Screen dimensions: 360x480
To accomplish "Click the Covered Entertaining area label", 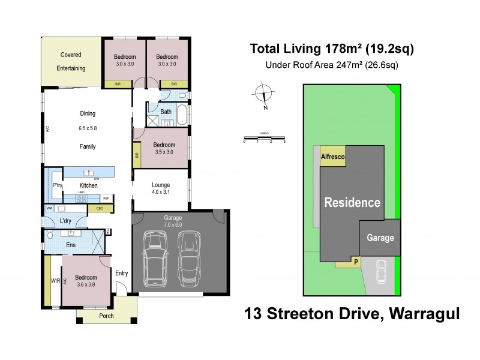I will point(71,61).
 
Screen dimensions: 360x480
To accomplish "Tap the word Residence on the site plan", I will point(352,202).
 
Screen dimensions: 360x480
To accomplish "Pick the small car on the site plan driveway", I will point(380,273).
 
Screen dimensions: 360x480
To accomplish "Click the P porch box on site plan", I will point(356,262).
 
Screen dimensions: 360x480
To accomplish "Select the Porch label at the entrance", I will point(106,317).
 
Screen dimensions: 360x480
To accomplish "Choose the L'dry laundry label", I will point(67,221).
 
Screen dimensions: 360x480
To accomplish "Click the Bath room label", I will point(166,112).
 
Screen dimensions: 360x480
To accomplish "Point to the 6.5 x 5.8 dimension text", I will point(87,128).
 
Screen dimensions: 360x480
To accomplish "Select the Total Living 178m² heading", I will point(332,49).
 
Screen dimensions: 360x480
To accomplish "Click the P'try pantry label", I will point(58,185).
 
